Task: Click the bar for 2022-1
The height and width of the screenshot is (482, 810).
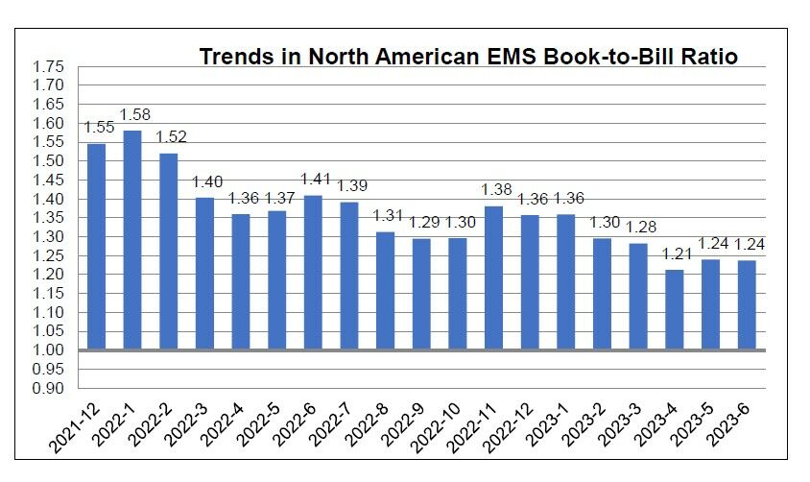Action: click(132, 240)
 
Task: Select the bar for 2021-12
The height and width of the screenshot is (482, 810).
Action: click(97, 247)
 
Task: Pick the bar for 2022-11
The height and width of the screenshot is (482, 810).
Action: click(493, 278)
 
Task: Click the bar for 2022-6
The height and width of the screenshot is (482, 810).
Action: click(313, 273)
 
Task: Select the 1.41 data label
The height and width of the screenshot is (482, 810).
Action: click(315, 179)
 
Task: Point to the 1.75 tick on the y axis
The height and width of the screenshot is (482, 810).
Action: click(49, 66)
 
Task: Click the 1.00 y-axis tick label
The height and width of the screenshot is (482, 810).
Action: click(49, 350)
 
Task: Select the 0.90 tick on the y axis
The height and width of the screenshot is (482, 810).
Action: click(49, 388)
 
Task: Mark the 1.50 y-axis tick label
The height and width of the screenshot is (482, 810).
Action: click(49, 160)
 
